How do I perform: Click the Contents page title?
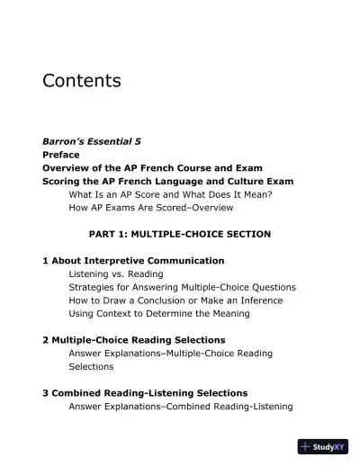[81, 81]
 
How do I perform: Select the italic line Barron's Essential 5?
[92, 141]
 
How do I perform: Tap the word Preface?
[61, 155]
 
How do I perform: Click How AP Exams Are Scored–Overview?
[150, 208]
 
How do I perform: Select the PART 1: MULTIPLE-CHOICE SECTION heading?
[179, 234]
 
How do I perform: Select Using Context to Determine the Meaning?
[159, 313]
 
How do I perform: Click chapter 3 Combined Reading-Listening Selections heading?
[144, 393]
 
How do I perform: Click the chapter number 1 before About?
[45, 261]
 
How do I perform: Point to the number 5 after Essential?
[138, 141]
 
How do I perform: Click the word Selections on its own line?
[91, 366]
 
